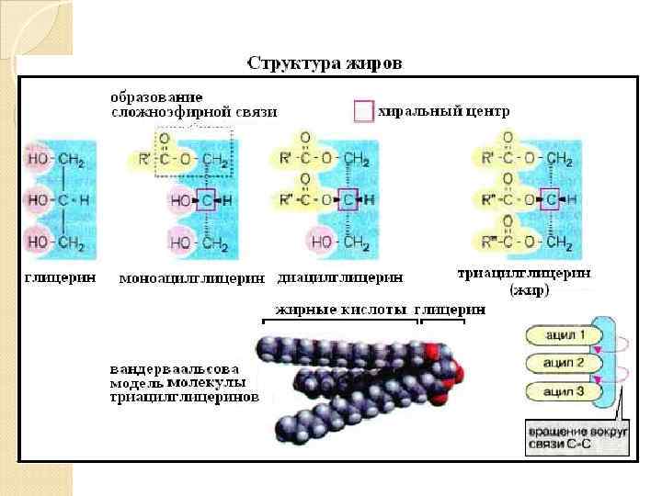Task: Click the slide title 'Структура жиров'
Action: coord(325,64)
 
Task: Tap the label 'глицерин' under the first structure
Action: coord(56,276)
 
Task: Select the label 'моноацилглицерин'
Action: coord(192,277)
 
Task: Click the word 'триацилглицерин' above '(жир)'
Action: coord(524,273)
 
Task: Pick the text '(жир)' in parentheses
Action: coord(529,290)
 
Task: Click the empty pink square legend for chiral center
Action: coord(363,111)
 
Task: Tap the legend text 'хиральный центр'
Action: coord(443,110)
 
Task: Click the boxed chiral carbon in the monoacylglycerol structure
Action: coord(206,199)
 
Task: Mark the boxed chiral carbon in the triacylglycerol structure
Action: coord(549,198)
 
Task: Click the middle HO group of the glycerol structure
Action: coord(39,199)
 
